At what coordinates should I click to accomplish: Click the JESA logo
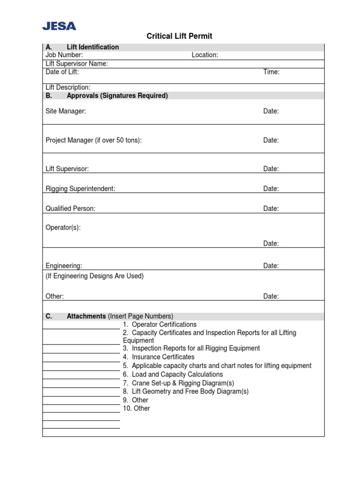59,26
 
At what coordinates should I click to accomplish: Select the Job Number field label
64,55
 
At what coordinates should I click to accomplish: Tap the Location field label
204,55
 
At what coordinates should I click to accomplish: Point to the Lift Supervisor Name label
77,64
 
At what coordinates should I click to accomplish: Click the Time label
271,72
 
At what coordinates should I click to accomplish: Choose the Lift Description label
68,88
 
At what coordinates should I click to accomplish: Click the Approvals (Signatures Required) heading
117,96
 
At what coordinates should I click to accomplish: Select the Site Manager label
66,112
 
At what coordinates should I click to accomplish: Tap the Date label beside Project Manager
271,140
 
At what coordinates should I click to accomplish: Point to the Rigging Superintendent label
80,188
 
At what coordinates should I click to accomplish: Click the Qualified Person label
70,209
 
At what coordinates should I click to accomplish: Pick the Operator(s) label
63,227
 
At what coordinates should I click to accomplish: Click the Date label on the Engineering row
271,266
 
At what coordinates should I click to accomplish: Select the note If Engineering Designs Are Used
95,276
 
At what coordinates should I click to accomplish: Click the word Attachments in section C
86,316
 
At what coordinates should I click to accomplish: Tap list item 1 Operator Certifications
160,324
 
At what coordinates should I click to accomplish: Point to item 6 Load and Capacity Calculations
173,375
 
